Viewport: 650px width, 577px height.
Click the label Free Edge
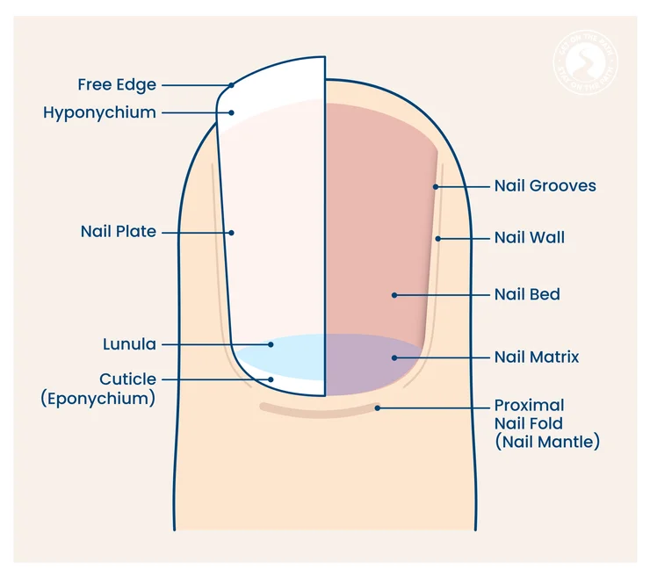click(x=117, y=85)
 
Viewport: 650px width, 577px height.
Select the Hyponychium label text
click(x=99, y=112)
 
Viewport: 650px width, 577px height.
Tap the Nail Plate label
click(x=118, y=232)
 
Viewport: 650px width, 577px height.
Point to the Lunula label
click(x=129, y=344)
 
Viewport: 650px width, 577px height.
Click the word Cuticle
click(x=127, y=379)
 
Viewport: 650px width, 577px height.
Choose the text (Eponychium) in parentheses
click(x=97, y=398)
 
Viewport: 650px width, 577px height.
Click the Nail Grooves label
click(x=545, y=186)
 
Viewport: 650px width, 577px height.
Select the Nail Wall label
click(x=529, y=238)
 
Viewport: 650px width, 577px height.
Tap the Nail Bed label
click(x=526, y=295)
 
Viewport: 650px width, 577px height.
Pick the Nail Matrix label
click(x=536, y=357)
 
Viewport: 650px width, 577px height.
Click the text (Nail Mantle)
click(x=546, y=443)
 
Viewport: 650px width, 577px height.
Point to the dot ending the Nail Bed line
click(x=394, y=295)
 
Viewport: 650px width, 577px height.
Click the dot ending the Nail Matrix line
click(x=394, y=357)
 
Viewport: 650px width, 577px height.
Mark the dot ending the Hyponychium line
click(x=232, y=112)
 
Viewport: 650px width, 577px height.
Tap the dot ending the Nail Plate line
click(x=232, y=233)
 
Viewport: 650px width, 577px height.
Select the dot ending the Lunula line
click(x=271, y=344)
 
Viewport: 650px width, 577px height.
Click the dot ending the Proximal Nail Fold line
click(x=378, y=408)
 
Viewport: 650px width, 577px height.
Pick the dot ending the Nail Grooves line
click(x=435, y=186)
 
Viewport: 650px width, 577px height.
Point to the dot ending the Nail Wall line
click(x=437, y=238)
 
